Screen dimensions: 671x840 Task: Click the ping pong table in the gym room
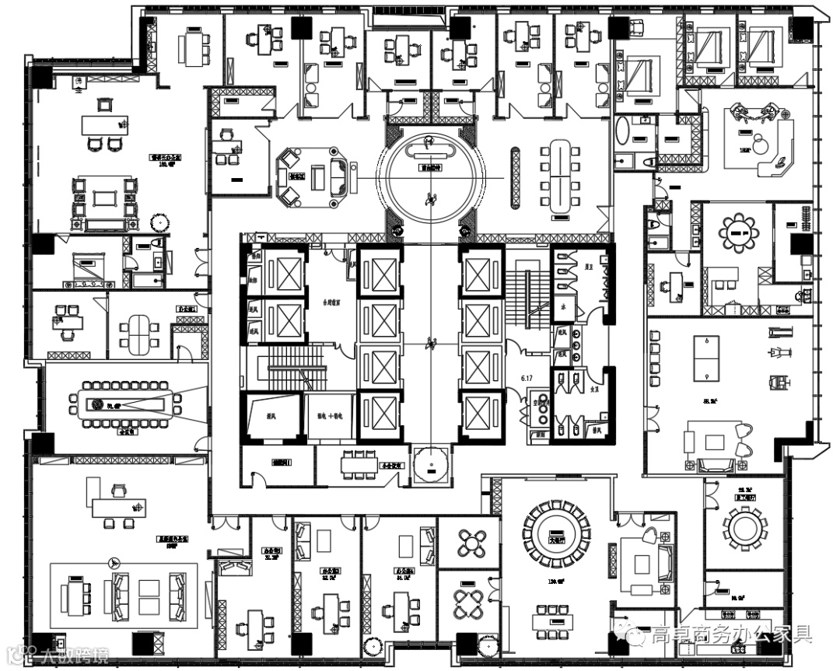coord(708,358)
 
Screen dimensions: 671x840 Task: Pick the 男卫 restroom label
coord(590,267)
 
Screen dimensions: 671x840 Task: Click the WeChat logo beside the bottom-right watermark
coord(636,637)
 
